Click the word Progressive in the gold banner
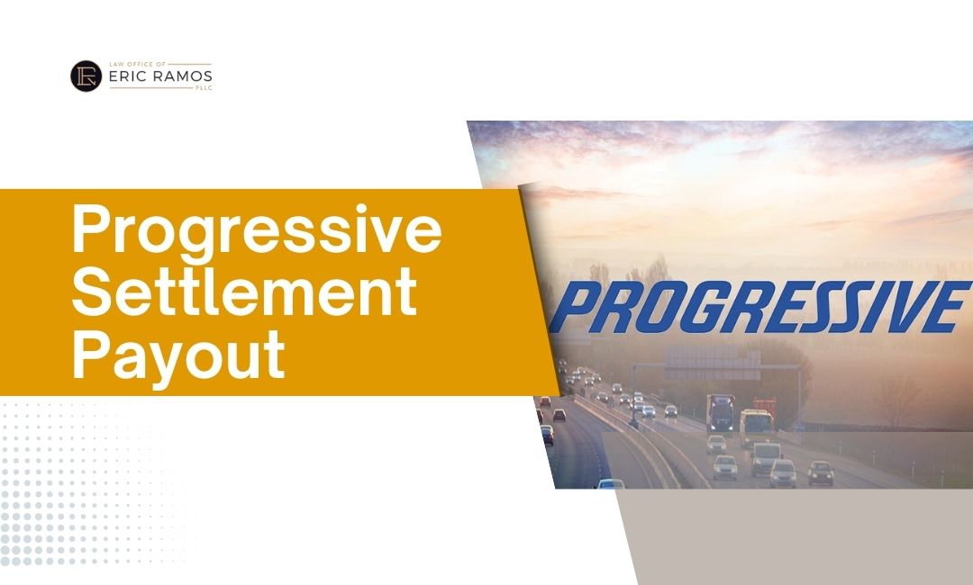pos(256,231)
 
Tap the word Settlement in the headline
pos(243,294)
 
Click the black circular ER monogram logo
pos(86,76)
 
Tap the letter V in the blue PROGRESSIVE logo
pos(909,307)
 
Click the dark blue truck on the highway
pos(721,412)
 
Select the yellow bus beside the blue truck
pos(756,427)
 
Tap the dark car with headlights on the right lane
pos(820,472)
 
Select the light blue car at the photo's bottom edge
pos(611,484)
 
